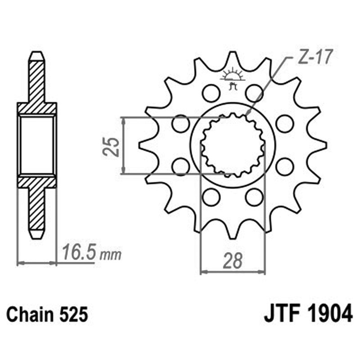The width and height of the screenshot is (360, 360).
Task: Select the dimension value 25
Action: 112,146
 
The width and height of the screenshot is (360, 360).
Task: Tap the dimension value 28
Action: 233,261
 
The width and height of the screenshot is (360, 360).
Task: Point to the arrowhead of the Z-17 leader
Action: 247,114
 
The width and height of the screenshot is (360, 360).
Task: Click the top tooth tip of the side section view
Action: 36,55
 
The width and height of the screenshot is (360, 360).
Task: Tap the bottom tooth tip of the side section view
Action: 36,234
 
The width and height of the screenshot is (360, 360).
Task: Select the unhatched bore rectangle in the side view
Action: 36,145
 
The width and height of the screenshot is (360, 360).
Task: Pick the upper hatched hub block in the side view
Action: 36,108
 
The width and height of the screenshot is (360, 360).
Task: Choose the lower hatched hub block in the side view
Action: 36,182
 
